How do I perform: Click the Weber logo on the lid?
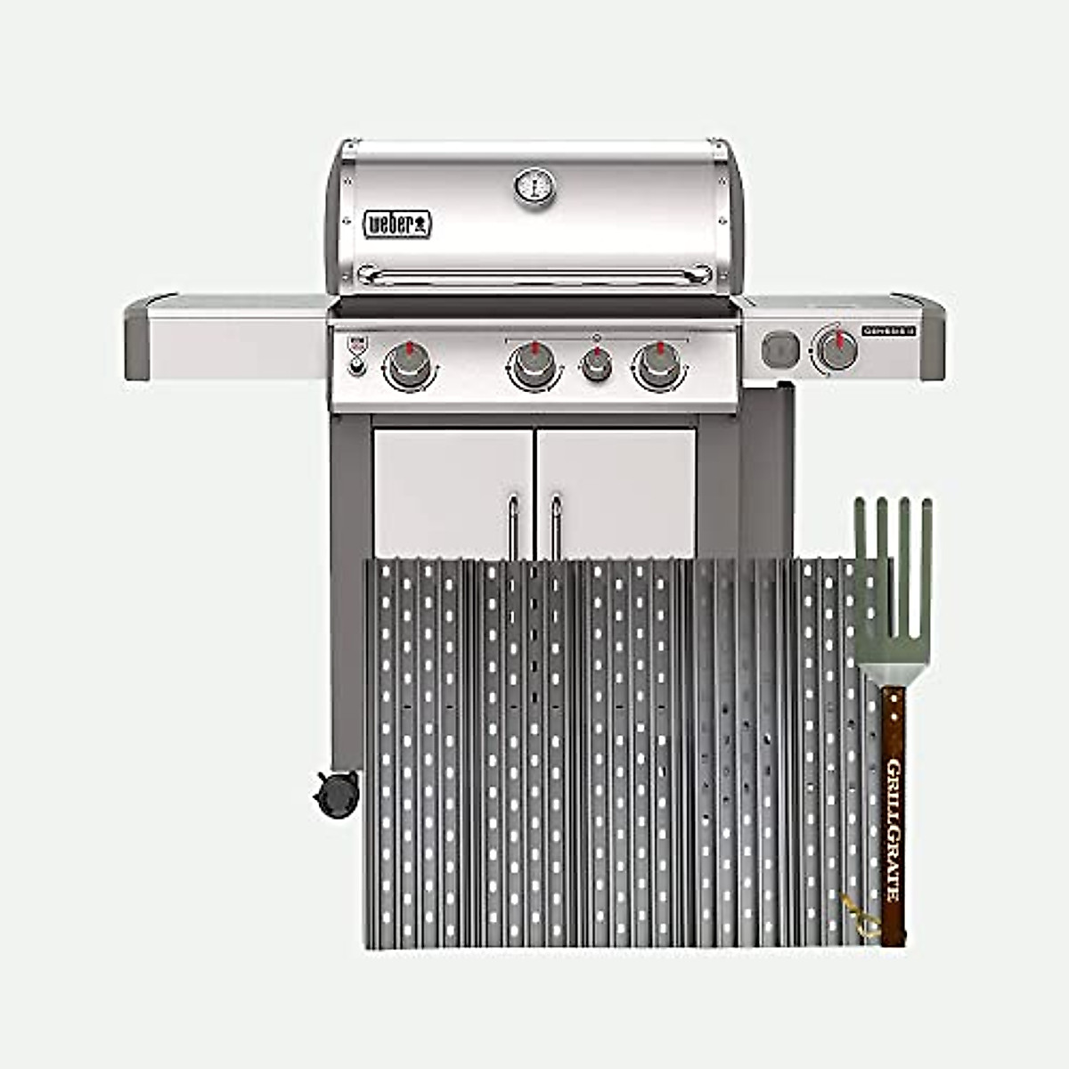[397, 224]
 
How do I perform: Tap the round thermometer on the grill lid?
[534, 187]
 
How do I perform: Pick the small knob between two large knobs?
[596, 365]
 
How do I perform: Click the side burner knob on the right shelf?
[836, 349]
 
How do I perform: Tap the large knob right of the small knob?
[657, 365]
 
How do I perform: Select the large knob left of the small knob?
[533, 365]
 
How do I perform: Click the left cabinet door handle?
[513, 526]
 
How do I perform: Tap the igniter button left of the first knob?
[356, 367]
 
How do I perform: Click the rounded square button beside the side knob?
[780, 349]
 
